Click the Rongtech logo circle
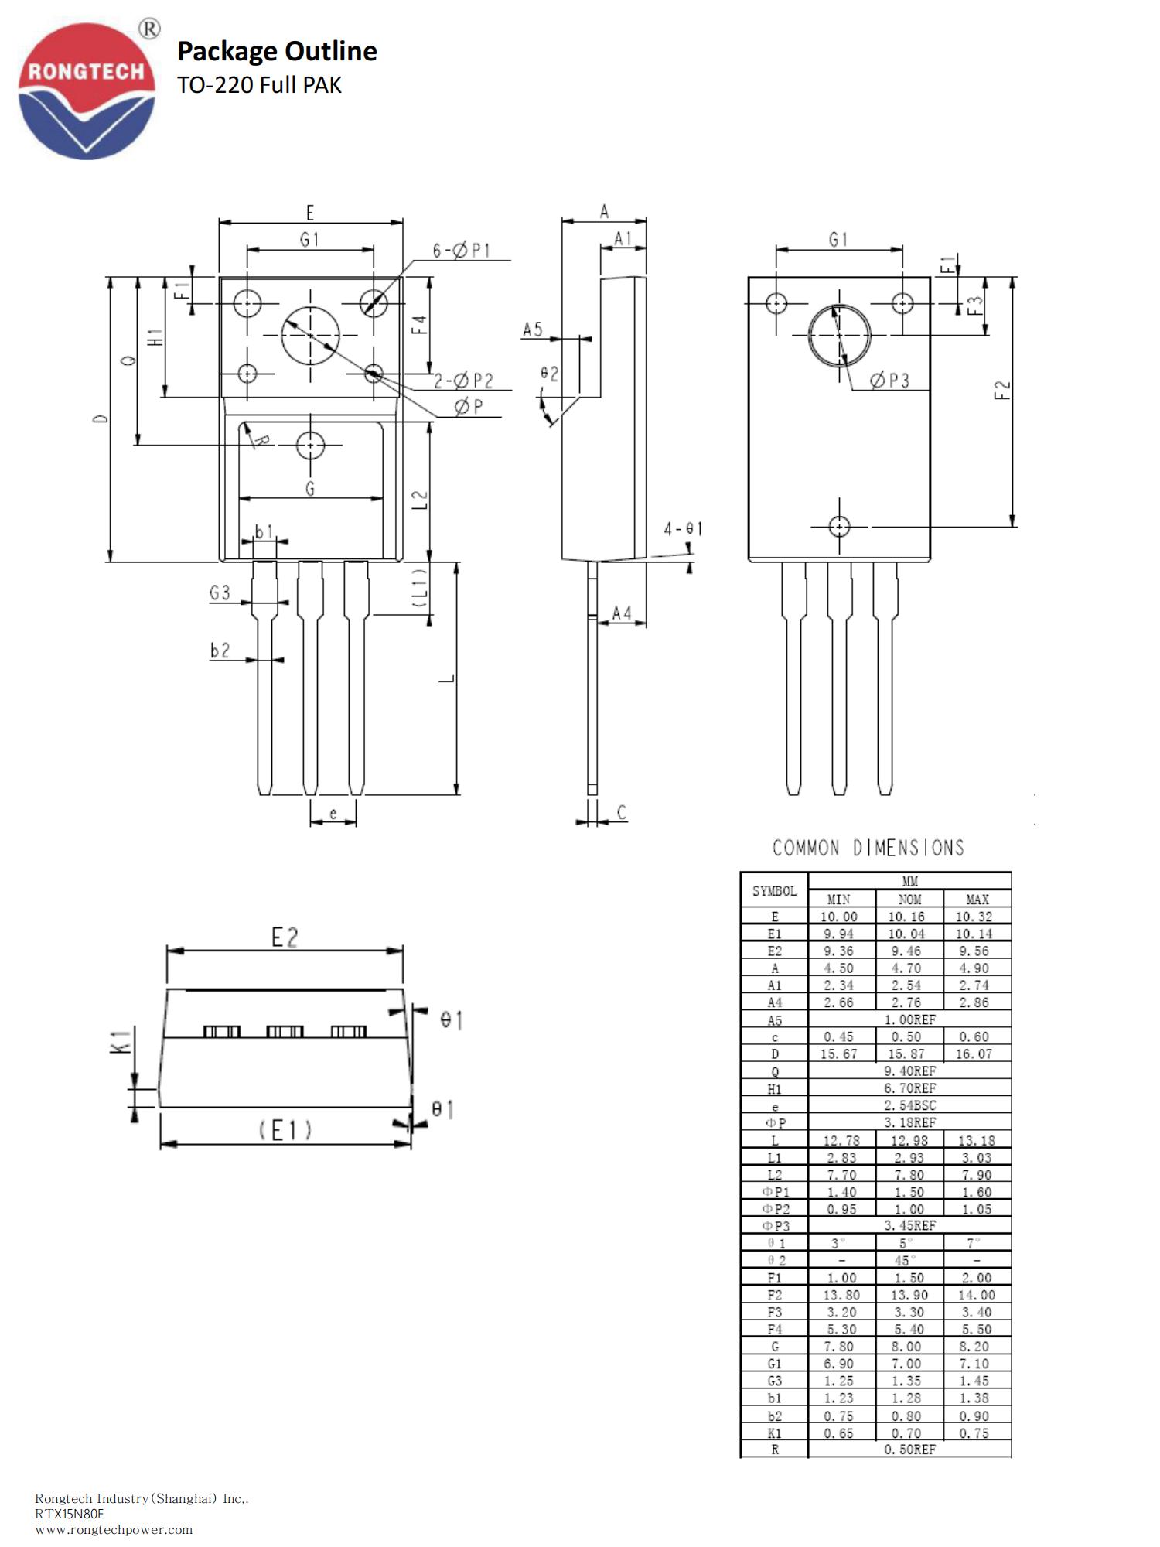(87, 91)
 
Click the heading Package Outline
(277, 51)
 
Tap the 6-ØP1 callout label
(462, 251)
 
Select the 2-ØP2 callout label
(463, 381)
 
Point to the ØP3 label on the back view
(889, 380)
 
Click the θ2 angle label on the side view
(549, 374)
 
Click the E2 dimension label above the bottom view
(285, 937)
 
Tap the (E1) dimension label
(285, 1131)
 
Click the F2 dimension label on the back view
(1002, 389)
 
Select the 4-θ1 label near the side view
(683, 529)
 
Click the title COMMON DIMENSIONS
(868, 849)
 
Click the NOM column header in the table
(909, 900)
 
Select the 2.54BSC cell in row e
(909, 1105)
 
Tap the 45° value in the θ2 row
(906, 1261)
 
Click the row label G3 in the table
(774, 1381)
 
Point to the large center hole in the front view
(310, 336)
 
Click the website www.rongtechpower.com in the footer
(114, 1529)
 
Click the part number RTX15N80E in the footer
(69, 1514)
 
